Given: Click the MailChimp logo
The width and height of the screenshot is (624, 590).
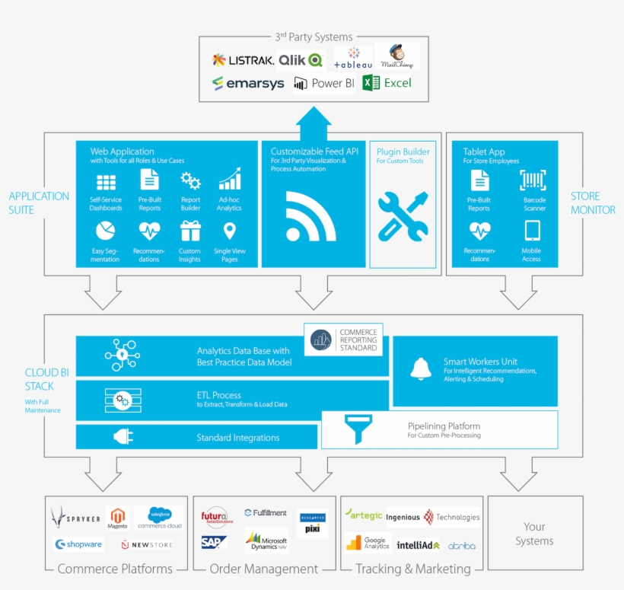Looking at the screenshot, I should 396,56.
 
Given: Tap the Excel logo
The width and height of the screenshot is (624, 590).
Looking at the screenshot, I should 387,83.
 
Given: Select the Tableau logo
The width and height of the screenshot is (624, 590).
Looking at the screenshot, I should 352,58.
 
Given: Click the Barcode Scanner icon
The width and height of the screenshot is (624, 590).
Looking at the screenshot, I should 533,180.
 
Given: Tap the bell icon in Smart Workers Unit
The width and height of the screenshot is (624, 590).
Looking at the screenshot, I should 421,368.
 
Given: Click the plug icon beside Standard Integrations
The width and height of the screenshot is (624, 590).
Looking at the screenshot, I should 123,437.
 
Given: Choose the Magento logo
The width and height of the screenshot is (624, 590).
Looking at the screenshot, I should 117,518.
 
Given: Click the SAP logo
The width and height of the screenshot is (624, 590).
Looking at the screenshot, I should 215,542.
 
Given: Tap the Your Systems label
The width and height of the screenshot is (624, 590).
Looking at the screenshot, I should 534,534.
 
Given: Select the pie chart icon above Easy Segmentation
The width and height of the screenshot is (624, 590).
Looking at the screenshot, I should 105,231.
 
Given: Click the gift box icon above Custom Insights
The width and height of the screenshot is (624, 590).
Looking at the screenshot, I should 189,231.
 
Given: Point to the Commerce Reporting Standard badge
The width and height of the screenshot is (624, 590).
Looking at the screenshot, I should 343,340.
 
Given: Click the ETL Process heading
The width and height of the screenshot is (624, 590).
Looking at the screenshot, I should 218,395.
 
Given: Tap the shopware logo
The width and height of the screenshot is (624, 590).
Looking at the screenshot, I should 78,544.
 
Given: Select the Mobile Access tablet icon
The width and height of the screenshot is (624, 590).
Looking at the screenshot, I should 532,231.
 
